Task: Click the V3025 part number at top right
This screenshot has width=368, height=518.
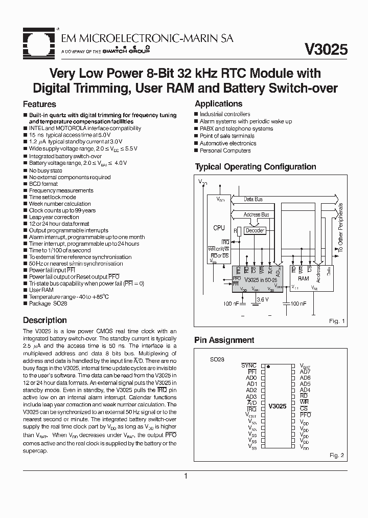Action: (326, 49)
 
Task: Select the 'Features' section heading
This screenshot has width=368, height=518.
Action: (40, 104)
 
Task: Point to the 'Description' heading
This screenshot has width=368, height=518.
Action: (45, 320)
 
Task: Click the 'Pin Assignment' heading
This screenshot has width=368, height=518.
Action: (224, 340)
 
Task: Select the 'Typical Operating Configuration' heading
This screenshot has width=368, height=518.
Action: (256, 167)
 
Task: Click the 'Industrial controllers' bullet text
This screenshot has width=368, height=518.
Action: (225, 114)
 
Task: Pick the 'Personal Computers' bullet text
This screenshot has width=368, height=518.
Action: (225, 150)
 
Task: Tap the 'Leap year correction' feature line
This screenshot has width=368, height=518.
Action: (54, 217)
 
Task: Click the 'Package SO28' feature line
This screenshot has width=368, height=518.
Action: (48, 303)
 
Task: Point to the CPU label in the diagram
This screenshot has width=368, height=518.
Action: (219, 228)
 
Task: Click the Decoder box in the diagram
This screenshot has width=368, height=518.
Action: (255, 231)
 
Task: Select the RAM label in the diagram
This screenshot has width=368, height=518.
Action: (304, 279)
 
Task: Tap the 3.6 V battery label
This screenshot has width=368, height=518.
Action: (262, 299)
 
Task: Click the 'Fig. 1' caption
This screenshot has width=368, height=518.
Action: (337, 321)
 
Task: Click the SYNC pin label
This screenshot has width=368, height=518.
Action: (249, 365)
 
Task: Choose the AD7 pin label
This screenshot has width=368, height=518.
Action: (305, 372)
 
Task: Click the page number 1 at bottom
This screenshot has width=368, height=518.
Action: (186, 476)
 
